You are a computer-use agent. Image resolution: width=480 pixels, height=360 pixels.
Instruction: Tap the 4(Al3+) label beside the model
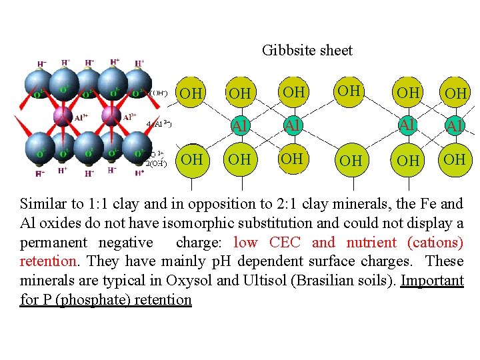159,123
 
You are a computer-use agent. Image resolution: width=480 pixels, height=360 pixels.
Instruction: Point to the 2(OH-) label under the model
157,163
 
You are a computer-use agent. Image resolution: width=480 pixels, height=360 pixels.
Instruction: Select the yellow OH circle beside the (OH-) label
191,93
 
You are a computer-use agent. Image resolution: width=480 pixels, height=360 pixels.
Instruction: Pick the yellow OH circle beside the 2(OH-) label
191,160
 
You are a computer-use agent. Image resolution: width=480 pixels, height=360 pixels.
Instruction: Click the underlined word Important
432,281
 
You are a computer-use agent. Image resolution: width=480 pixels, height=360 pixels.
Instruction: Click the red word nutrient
371,243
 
